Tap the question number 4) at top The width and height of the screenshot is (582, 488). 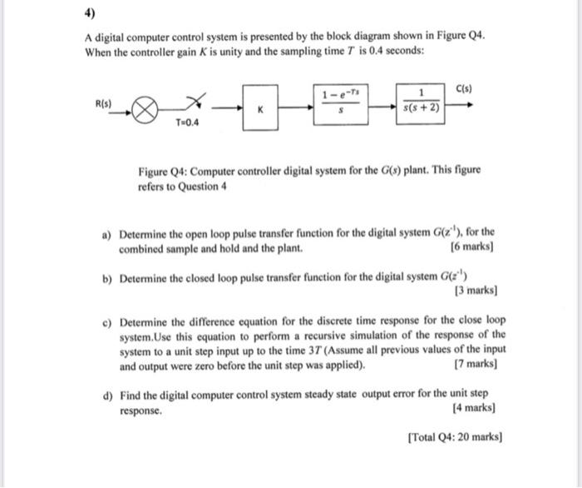[x=90, y=13]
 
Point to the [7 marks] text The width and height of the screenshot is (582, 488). [x=476, y=365]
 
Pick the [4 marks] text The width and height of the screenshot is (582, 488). [x=473, y=409]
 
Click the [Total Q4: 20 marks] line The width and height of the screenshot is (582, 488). [x=456, y=436]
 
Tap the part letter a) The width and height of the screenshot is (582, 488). [x=107, y=235]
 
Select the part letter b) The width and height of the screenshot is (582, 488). [x=107, y=278]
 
